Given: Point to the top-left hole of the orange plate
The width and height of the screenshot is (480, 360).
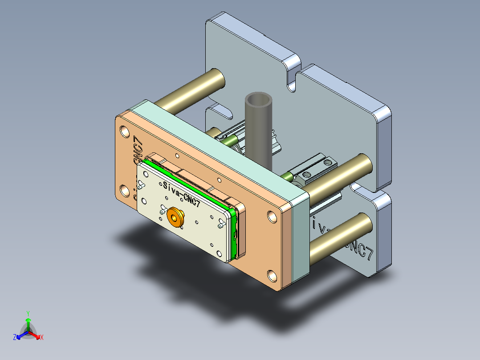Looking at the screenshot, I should [124, 132].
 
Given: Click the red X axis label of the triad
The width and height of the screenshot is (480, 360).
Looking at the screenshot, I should [42, 337].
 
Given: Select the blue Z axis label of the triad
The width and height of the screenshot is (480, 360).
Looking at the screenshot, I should [15, 337].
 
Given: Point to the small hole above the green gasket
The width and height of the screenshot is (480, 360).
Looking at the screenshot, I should [177, 155].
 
